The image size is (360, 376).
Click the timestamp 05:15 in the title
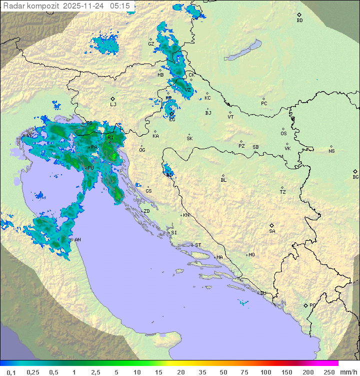(120, 6)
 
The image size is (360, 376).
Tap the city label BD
(299, 21)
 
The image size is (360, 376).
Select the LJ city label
(113, 105)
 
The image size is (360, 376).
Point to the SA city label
(272, 231)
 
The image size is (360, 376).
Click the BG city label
(355, 177)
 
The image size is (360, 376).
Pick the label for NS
(331, 151)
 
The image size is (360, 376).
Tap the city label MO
(251, 255)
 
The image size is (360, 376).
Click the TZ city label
(283, 192)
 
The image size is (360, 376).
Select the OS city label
(283, 134)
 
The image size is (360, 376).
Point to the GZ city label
(151, 44)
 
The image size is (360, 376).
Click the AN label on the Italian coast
(77, 240)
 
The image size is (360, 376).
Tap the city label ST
(198, 245)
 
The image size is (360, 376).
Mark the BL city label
(223, 180)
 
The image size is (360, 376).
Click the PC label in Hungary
(264, 104)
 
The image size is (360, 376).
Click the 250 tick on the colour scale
(329, 372)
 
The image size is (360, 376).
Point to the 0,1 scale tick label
(11, 372)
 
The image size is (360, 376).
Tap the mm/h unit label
(348, 372)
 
